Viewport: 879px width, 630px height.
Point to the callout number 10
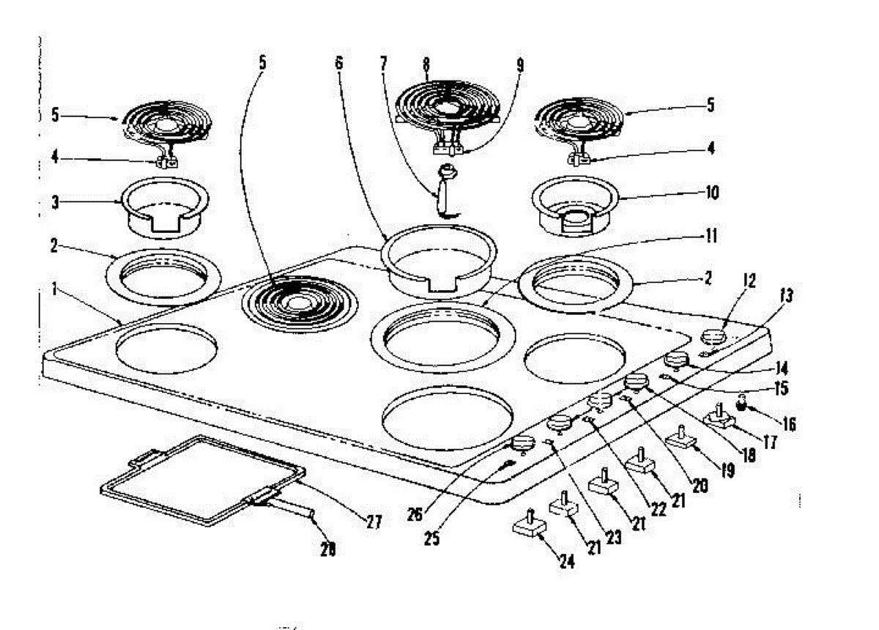[x=712, y=193]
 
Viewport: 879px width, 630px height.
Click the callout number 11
[x=711, y=237]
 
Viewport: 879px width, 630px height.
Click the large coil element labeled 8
[x=448, y=106]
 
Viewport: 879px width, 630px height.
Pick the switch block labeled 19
[x=682, y=437]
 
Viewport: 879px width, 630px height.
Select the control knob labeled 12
[x=715, y=338]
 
